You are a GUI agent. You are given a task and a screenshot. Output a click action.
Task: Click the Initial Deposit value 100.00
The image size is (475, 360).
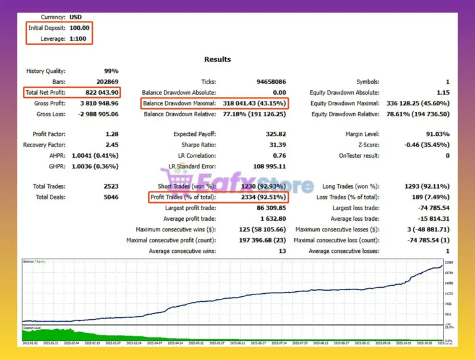tap(79, 28)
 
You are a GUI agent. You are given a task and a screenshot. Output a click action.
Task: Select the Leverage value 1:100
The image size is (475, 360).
tap(79, 38)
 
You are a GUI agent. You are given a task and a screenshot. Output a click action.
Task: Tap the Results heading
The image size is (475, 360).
tap(218, 59)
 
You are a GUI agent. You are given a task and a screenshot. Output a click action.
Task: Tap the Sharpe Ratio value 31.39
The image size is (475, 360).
tap(275, 145)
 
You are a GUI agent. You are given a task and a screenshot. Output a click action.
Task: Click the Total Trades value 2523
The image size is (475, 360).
tap(109, 186)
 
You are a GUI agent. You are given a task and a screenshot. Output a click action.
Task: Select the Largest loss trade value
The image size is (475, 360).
tap(431, 208)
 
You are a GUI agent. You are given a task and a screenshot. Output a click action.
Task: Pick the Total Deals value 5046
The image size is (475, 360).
tap(109, 197)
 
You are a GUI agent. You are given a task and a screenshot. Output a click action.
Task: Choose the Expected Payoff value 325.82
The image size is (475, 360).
tap(273, 134)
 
